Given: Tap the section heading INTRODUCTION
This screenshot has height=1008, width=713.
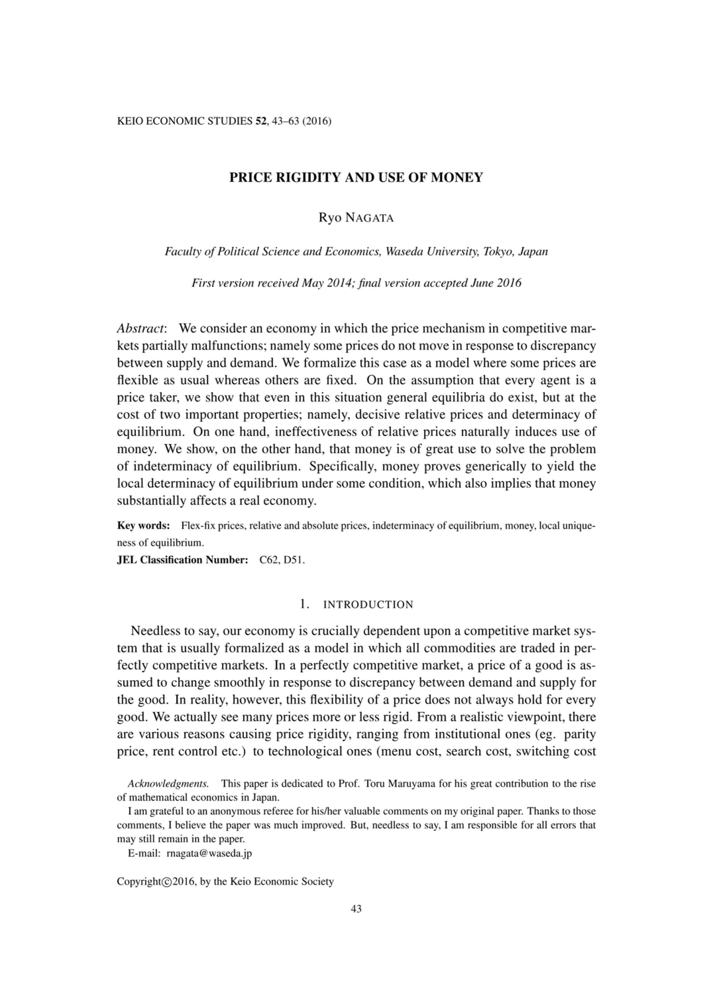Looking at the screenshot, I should [368, 605].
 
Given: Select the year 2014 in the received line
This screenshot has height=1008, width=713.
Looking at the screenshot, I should [326, 283].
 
